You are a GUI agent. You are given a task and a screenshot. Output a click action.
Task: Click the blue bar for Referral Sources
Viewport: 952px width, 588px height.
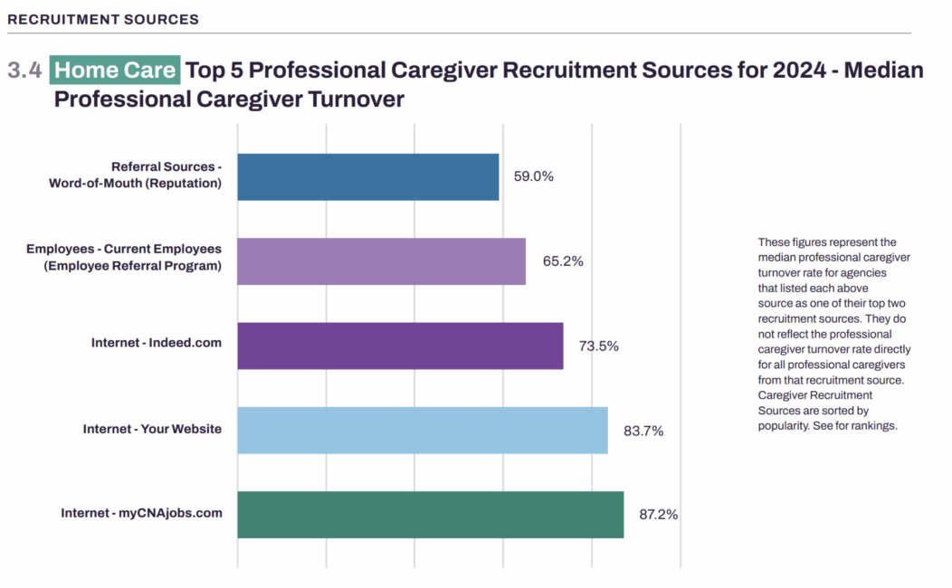(367, 176)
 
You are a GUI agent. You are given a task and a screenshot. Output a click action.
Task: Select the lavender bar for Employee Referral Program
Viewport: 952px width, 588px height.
(381, 261)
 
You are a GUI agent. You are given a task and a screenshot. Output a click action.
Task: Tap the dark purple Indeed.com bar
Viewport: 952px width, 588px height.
(400, 346)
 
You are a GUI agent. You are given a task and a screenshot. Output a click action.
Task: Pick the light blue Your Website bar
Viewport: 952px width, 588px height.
(423, 430)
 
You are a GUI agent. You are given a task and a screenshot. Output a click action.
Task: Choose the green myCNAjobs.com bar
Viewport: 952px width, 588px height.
(430, 515)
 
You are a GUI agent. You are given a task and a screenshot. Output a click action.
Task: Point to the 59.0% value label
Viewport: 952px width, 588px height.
(533, 176)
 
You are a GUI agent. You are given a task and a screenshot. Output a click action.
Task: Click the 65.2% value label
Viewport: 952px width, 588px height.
(563, 261)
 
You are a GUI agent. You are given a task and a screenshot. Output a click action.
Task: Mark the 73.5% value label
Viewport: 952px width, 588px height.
(598, 346)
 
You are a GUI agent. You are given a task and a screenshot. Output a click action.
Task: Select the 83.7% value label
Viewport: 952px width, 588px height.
(643, 431)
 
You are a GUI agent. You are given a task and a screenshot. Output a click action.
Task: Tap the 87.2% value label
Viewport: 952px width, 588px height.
(659, 515)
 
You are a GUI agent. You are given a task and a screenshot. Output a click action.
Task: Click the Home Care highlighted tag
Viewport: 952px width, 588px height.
(115, 70)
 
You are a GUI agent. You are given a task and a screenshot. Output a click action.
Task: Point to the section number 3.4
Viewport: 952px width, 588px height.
(24, 71)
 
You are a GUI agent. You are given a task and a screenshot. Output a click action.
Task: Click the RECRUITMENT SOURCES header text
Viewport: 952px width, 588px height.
(103, 19)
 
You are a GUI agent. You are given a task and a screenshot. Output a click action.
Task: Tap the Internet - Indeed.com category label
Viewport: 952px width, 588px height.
(157, 343)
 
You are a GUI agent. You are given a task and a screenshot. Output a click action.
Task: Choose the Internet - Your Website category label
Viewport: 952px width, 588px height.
(152, 429)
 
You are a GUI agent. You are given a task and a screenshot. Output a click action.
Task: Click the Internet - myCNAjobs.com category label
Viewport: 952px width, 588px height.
(141, 513)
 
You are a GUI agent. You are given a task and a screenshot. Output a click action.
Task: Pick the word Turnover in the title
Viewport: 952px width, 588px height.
(355, 99)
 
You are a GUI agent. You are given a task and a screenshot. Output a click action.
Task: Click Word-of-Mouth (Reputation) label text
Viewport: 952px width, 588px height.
(135, 183)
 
